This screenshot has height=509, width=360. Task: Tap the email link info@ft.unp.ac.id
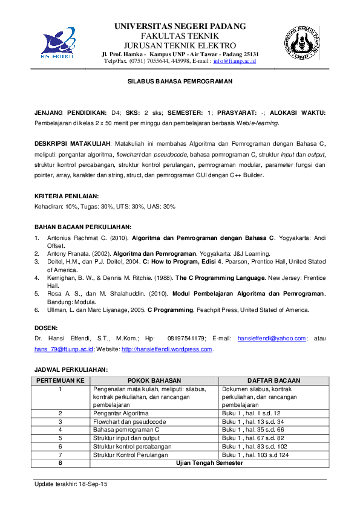click(x=235, y=61)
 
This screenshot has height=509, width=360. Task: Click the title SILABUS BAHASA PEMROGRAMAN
click(x=180, y=81)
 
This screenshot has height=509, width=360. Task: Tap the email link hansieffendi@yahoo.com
click(x=272, y=339)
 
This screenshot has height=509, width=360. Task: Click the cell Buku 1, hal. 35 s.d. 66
click(x=253, y=429)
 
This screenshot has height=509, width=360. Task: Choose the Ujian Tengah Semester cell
click(x=209, y=462)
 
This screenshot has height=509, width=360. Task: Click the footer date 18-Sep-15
click(x=91, y=484)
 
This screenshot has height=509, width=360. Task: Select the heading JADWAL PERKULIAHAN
click(x=71, y=369)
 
